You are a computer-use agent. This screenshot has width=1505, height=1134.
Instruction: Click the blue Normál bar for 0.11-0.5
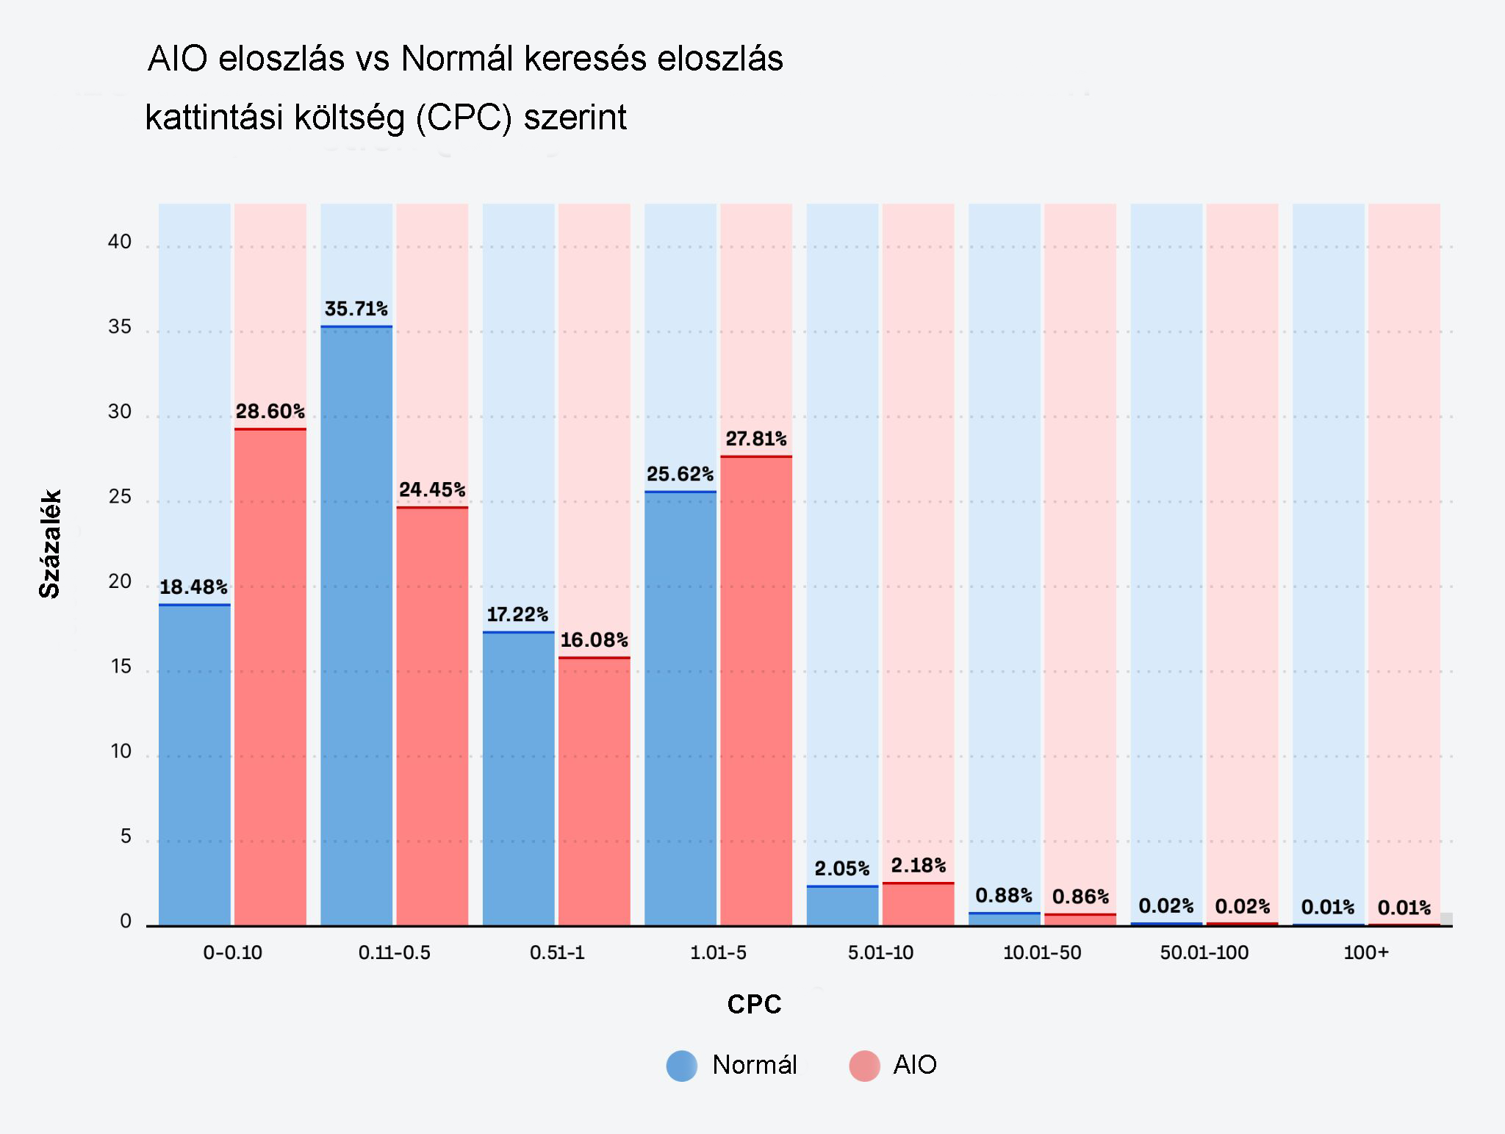[356, 625]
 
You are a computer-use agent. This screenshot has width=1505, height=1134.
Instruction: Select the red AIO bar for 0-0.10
[270, 676]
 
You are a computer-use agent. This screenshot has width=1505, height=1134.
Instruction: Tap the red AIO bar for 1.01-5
[756, 691]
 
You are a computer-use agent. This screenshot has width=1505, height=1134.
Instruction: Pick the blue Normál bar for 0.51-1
[518, 779]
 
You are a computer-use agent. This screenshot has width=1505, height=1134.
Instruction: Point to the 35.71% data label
[356, 309]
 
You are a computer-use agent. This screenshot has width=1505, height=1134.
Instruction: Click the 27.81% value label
[756, 439]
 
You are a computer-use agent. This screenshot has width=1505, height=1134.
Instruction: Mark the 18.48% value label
[193, 587]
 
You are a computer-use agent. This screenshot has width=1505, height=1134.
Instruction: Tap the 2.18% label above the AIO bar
[919, 865]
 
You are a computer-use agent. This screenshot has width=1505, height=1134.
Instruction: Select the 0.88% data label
[1004, 895]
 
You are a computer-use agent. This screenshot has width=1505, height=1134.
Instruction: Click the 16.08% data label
[595, 640]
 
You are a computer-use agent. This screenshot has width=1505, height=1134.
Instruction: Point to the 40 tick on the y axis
[120, 242]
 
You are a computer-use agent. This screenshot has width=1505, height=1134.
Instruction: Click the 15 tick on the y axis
[120, 667]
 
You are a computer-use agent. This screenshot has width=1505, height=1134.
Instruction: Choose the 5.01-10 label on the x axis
[880, 953]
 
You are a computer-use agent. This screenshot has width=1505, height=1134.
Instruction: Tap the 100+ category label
[1366, 953]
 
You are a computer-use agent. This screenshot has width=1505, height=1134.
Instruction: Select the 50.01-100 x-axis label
[1204, 953]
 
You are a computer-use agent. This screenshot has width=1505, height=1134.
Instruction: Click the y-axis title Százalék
[50, 544]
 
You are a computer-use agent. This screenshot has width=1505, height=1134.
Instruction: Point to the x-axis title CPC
[755, 1005]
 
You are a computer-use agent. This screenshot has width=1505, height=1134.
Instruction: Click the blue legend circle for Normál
[682, 1066]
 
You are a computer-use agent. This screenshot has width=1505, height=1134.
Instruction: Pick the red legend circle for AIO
[864, 1066]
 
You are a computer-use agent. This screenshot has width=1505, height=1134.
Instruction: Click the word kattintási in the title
[214, 118]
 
